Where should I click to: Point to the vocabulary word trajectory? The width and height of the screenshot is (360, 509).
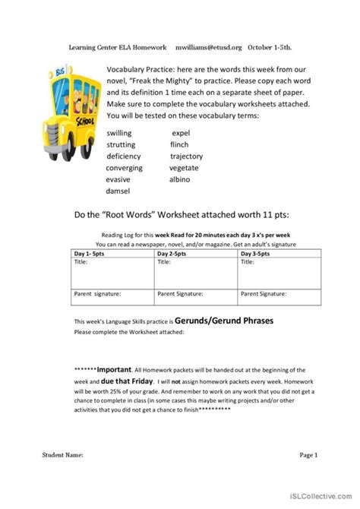point(186,156)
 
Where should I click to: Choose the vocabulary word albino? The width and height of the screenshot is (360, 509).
point(180,179)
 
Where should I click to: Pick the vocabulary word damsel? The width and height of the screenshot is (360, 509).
point(118,191)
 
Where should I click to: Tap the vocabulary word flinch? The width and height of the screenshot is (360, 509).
point(180,144)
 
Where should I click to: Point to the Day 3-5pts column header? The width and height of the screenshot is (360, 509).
point(258,253)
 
